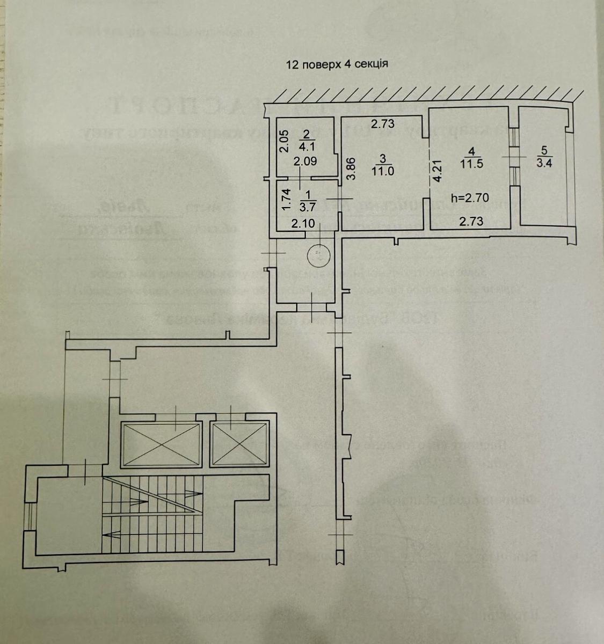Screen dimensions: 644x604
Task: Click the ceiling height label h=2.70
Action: (x=470, y=197)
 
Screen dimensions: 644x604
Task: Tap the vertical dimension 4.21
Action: (x=437, y=169)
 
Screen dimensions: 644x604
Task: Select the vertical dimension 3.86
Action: (x=350, y=170)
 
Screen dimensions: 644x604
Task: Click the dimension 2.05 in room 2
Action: (x=285, y=141)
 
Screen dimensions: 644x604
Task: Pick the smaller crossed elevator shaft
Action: (x=239, y=444)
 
